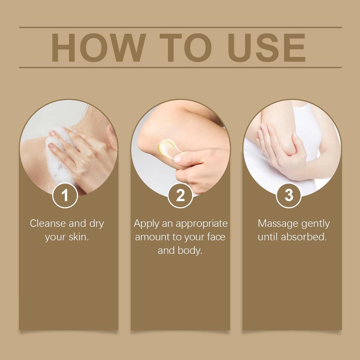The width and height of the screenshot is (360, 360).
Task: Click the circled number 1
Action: point(65,195)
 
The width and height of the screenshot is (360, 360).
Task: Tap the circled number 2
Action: point(180,195)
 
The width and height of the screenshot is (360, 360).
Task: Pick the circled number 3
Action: point(289,195)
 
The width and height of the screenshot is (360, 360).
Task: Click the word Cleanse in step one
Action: point(48,223)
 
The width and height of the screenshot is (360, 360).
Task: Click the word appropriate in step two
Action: point(201,224)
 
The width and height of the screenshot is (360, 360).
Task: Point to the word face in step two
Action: point(215,237)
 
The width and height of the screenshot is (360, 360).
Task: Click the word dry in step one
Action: point(96,224)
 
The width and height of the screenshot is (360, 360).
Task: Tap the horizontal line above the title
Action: point(180,27)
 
